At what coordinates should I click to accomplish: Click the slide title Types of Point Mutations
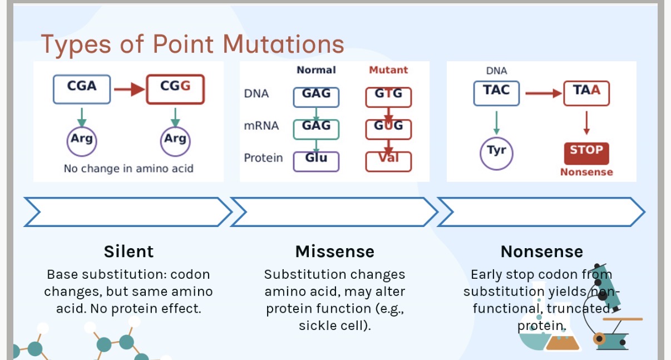click(x=192, y=44)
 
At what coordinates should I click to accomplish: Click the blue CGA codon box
click(x=82, y=88)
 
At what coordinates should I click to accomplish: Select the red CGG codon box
click(x=175, y=88)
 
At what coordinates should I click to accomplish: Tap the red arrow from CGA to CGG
click(x=129, y=89)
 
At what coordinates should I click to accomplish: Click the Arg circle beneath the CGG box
click(x=175, y=139)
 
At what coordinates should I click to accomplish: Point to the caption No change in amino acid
click(x=129, y=168)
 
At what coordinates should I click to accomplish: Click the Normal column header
click(x=316, y=70)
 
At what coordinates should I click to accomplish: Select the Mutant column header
click(x=388, y=70)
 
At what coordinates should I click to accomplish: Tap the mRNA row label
click(x=261, y=126)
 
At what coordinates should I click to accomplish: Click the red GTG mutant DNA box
click(x=388, y=96)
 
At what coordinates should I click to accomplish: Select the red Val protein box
click(x=388, y=161)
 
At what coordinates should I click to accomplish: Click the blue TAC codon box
click(x=496, y=92)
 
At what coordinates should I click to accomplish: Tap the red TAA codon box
click(x=586, y=92)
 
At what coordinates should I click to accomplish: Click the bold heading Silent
click(x=129, y=251)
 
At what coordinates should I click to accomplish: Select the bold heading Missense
click(x=335, y=251)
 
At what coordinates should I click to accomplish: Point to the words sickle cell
click(x=334, y=326)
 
